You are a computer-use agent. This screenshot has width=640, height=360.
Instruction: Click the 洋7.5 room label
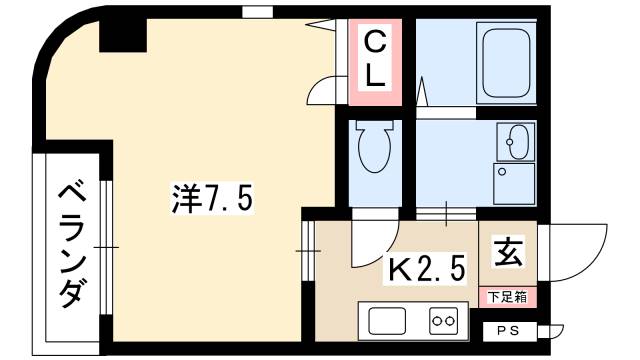pos(212,198)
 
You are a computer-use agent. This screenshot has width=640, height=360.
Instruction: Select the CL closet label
pos(375,60)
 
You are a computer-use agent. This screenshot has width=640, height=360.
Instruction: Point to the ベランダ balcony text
pos(73,246)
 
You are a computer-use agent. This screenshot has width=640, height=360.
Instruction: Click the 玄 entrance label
pos(508,252)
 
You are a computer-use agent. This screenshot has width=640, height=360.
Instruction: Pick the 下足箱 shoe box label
pos(508,297)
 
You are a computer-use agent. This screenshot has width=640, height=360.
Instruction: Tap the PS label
pos(509,331)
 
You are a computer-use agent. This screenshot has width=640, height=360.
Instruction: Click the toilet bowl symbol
pos(374,146)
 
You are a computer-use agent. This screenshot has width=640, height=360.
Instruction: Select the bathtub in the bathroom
pos(506,63)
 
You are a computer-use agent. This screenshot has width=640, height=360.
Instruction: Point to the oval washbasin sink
pos(518,142)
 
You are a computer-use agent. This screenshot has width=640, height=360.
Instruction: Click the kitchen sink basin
pos(387,321)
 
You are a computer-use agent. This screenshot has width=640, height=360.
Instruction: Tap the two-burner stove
pos(444,321)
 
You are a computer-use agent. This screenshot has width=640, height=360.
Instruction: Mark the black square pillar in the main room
pos(123,35)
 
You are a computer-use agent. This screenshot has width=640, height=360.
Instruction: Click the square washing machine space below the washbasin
pos(514,184)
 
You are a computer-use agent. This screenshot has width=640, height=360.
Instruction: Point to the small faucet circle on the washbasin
pos(509,142)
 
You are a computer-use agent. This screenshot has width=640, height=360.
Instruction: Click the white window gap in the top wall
pos(257,12)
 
